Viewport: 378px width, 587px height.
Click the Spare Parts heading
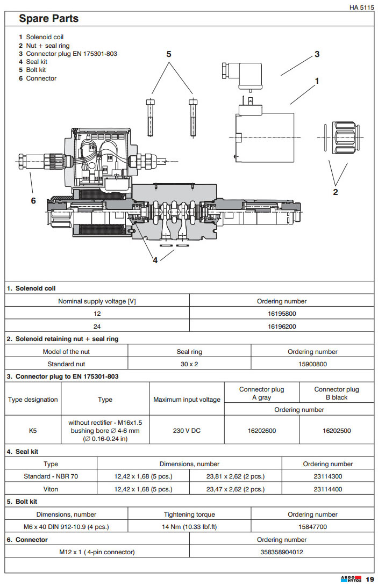pyautogui.click(x=49, y=19)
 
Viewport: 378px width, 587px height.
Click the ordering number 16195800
pyautogui.click(x=282, y=313)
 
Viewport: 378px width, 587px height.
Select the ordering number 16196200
pyautogui.click(x=282, y=326)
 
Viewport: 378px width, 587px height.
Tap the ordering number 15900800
pyautogui.click(x=312, y=364)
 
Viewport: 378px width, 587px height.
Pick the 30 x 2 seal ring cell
pyautogui.click(x=189, y=364)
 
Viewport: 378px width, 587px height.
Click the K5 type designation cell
pyautogui.click(x=33, y=431)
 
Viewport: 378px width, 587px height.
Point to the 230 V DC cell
pyautogui.click(x=187, y=431)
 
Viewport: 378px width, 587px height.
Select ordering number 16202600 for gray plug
pyautogui.click(x=261, y=431)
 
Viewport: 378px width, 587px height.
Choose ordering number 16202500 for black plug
pyautogui.click(x=337, y=431)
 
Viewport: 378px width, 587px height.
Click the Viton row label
pyautogui.click(x=51, y=489)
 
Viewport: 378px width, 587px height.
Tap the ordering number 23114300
pyautogui.click(x=327, y=476)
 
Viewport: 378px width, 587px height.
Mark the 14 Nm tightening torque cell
pyautogui.click(x=189, y=527)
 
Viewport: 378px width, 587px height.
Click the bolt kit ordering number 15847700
pyautogui.click(x=312, y=527)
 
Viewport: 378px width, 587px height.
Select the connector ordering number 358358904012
pyautogui.click(x=282, y=552)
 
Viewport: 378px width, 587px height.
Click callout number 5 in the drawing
pyautogui.click(x=168, y=54)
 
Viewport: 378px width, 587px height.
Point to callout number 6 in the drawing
pyautogui.click(x=33, y=200)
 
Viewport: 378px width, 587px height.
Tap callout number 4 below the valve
pyautogui.click(x=155, y=260)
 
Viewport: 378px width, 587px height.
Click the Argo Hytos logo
pyautogui.click(x=351, y=579)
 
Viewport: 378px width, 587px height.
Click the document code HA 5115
pyautogui.click(x=361, y=7)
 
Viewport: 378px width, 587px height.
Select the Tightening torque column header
pyautogui.click(x=189, y=514)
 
